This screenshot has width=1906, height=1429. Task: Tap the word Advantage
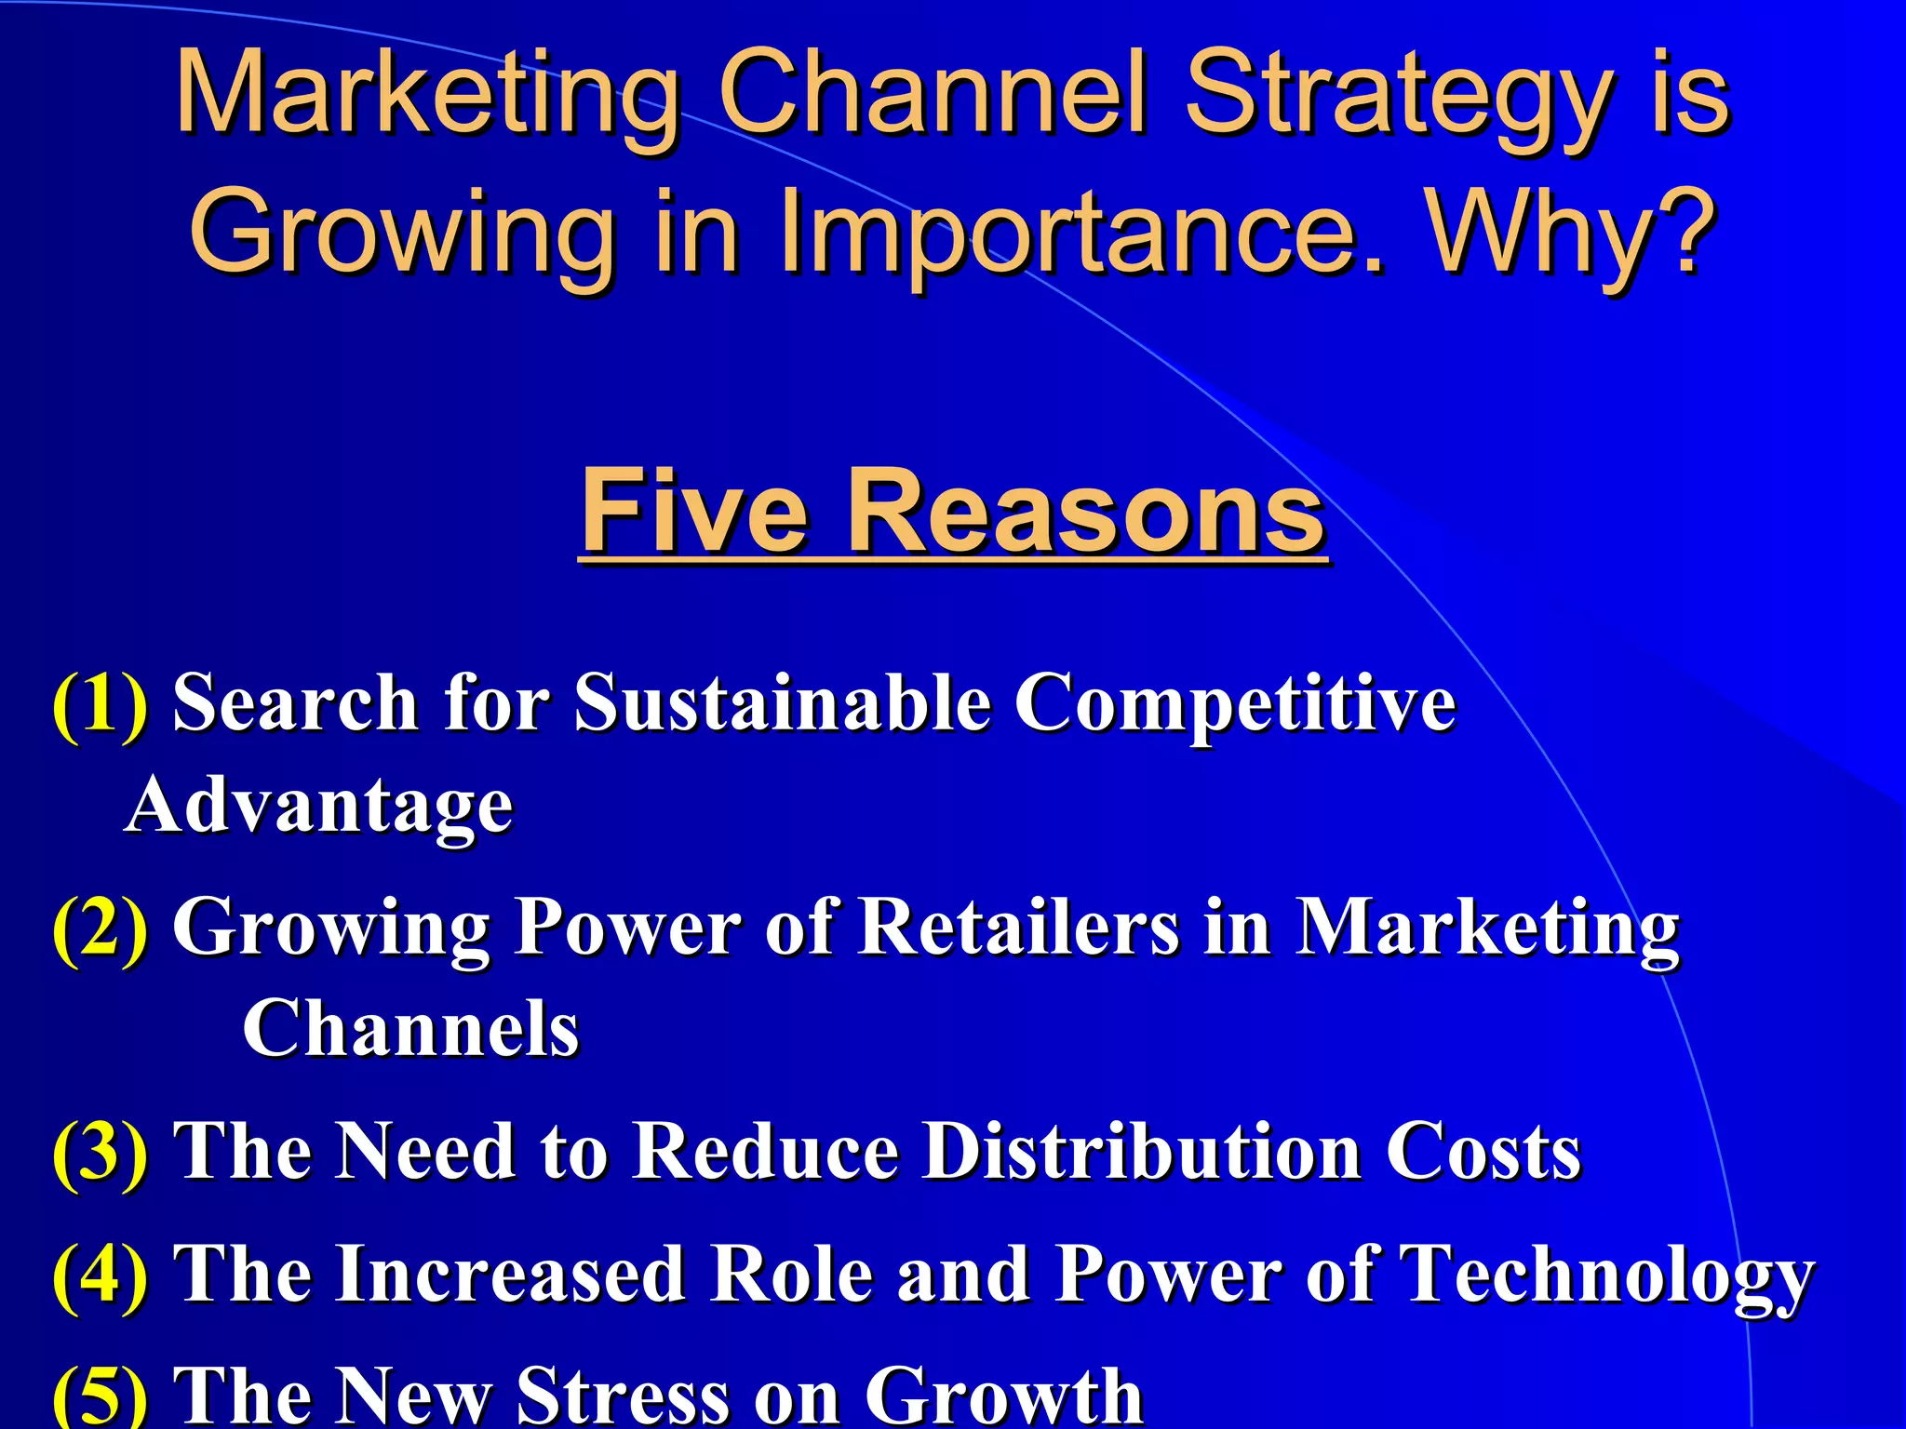(319, 806)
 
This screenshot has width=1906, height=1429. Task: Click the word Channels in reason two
(410, 1029)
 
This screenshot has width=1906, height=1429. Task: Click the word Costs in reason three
(1483, 1152)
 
